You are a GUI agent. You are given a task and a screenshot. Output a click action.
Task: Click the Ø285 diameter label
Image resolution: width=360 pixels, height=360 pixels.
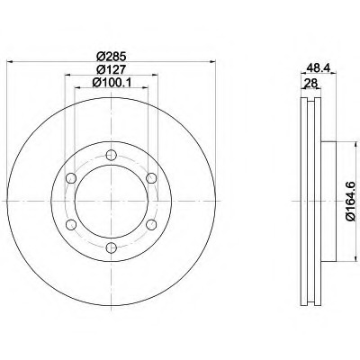tap(111, 56)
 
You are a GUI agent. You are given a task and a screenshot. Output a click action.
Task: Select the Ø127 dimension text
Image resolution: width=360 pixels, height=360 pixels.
tap(111, 69)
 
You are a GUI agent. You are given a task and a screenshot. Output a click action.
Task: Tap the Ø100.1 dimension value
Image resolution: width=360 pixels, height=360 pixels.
tap(112, 82)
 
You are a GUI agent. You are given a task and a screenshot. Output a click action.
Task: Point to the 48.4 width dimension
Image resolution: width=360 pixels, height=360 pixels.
tap(318, 68)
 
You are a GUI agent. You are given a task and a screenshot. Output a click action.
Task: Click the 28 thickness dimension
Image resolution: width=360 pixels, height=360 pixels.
tap(310, 83)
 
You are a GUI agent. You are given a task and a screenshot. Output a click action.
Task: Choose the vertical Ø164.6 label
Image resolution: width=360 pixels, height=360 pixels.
tap(350, 201)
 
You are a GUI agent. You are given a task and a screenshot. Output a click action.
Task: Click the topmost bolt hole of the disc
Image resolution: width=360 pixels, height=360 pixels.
tap(112, 155)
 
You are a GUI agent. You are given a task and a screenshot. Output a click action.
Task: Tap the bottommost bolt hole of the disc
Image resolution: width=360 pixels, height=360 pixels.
tap(112, 247)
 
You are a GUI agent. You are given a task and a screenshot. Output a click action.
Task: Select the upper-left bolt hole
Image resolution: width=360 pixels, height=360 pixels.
tap(71, 178)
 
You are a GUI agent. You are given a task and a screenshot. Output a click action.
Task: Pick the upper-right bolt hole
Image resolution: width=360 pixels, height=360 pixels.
tap(151, 178)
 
